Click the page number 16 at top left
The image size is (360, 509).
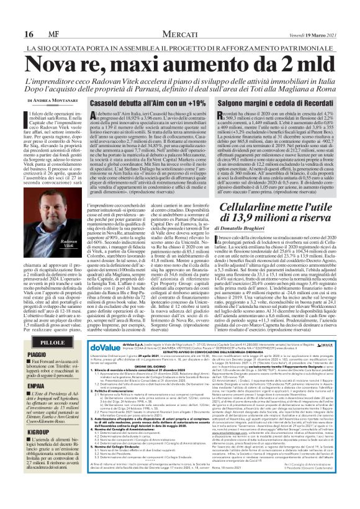pyautogui.click(x=11, y=16)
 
